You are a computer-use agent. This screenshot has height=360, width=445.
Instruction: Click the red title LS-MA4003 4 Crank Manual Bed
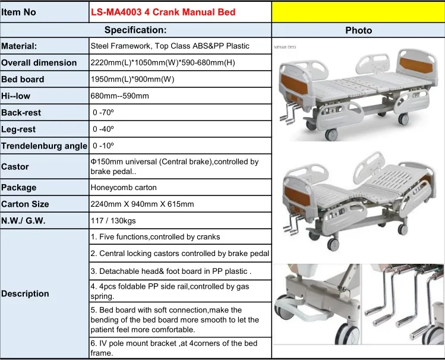point(163,12)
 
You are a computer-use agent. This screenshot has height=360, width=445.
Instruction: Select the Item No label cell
point(23,12)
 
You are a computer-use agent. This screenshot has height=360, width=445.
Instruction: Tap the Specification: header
point(135,30)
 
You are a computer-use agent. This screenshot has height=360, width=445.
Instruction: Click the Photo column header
point(358,30)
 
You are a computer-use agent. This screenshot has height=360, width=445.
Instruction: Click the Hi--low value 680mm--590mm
point(119,96)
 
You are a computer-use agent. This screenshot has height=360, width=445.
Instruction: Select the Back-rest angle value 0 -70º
point(104,112)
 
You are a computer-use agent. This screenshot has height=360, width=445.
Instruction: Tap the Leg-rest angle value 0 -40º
point(104,129)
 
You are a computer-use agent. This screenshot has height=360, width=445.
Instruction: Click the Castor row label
point(15,167)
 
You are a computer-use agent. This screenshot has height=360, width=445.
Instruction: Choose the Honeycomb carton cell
point(124,187)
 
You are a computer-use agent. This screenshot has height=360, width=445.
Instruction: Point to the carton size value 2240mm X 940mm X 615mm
point(142,204)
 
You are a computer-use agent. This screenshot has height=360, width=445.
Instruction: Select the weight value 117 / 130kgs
point(112,220)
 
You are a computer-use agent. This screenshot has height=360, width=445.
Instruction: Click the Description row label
point(25,293)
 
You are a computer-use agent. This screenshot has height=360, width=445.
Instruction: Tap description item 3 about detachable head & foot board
point(171,271)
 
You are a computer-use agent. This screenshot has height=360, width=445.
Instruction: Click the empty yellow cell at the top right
point(358,12)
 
